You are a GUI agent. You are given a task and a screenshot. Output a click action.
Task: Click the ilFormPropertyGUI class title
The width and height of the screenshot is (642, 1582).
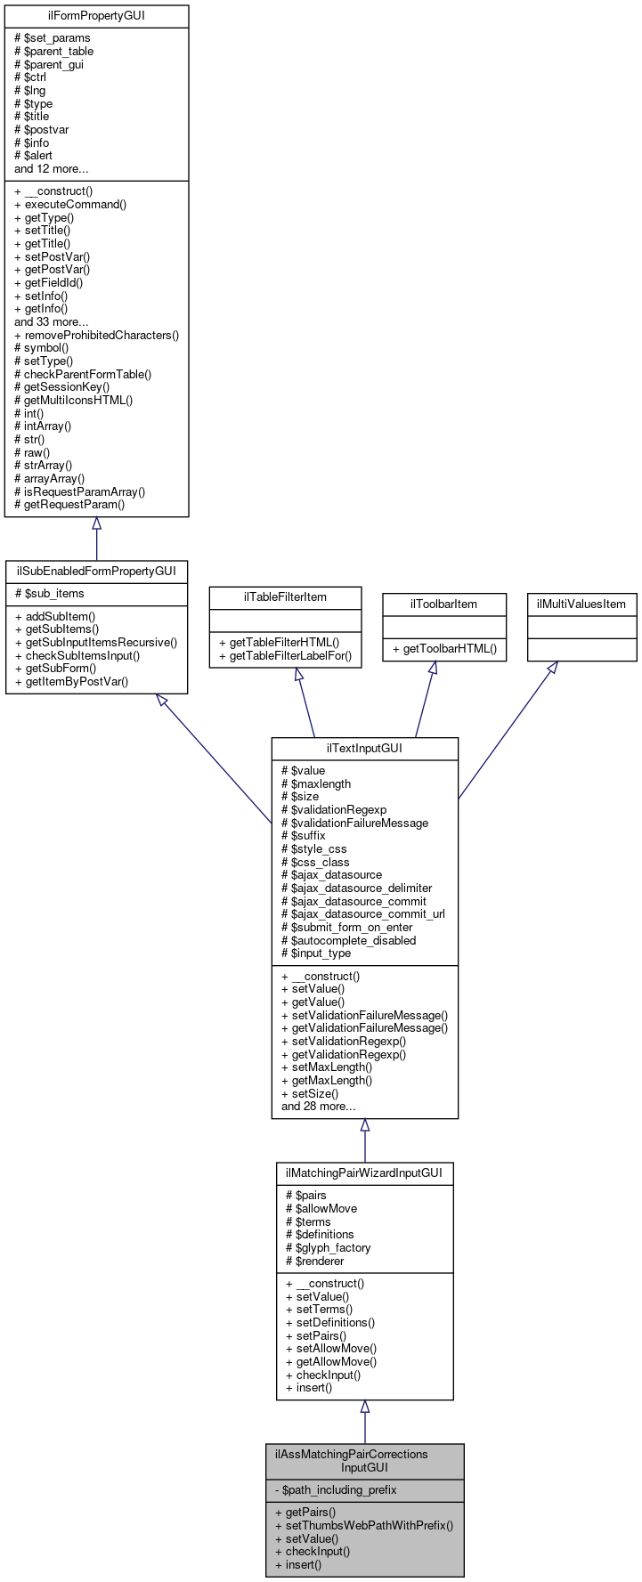(96, 16)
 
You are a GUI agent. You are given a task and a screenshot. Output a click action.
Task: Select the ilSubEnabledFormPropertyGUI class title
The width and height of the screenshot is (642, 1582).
(96, 571)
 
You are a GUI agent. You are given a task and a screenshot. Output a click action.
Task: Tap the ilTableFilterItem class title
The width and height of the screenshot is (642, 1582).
(285, 596)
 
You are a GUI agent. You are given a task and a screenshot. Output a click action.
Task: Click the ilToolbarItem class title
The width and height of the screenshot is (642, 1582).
(443, 604)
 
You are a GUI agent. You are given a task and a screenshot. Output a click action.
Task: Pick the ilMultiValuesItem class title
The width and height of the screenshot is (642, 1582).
(581, 604)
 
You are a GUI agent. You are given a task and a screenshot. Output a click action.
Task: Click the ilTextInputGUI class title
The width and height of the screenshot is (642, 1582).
(364, 748)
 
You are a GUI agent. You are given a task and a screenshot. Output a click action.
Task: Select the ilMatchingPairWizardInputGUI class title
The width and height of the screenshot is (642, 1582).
(364, 1173)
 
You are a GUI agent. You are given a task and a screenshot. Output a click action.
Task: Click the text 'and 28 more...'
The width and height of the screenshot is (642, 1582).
(318, 1107)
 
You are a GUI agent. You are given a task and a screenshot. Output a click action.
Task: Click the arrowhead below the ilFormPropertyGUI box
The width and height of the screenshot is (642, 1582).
(96, 523)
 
